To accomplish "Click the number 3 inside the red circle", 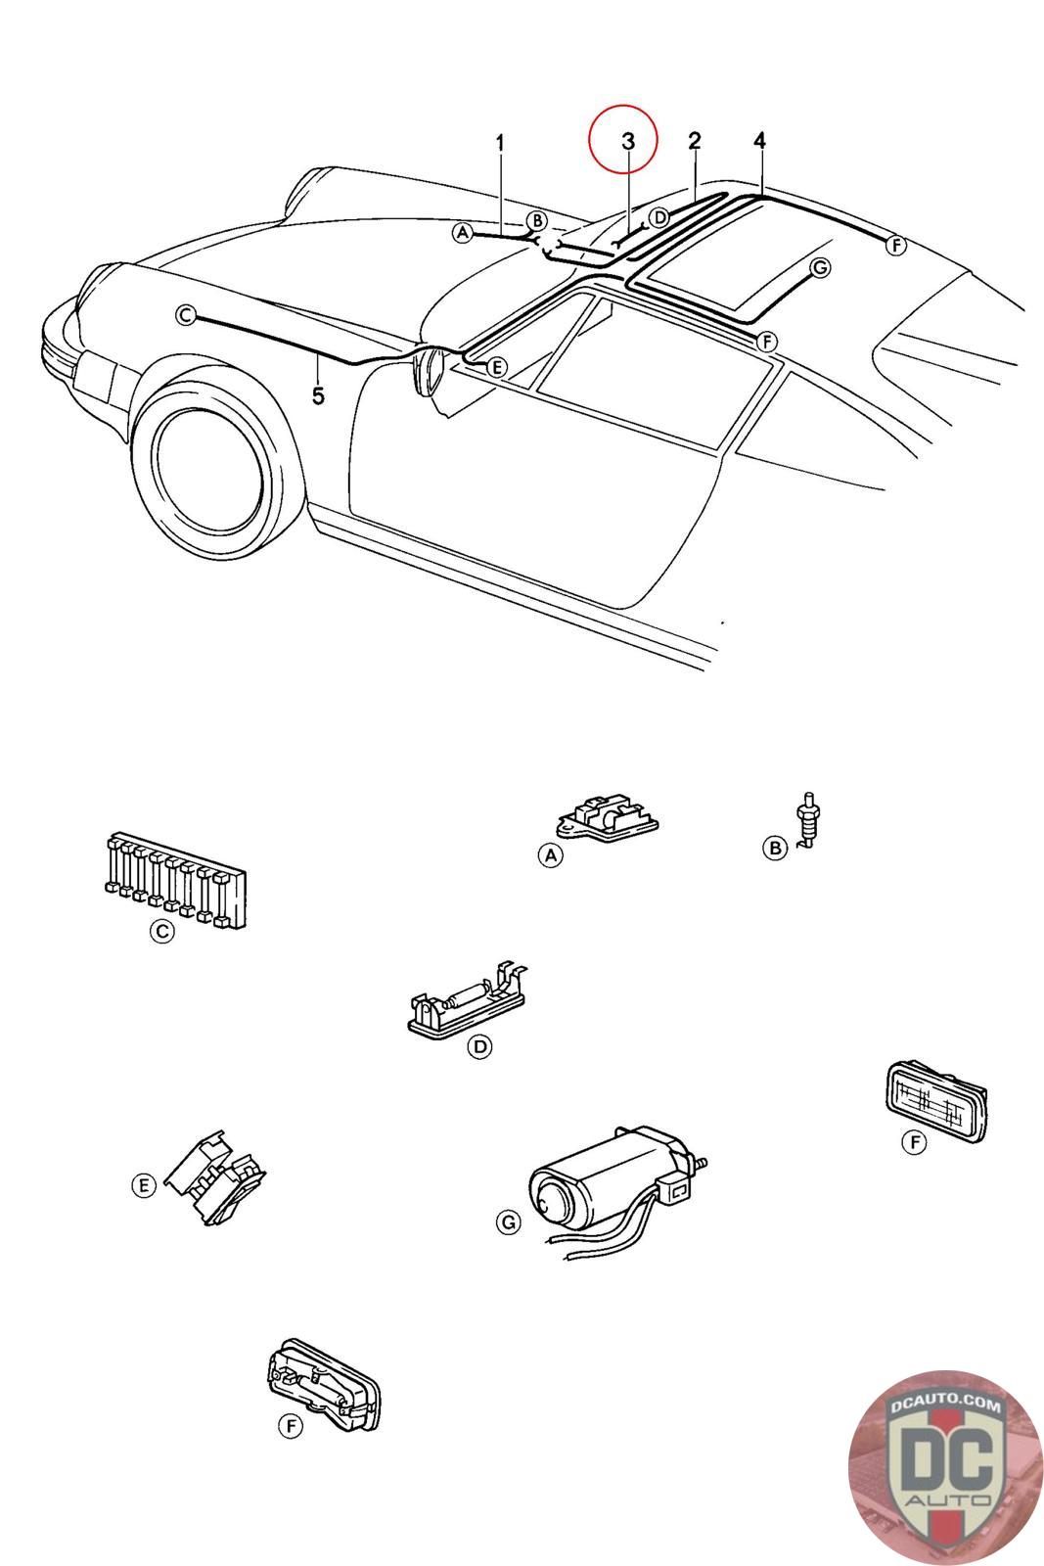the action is tap(628, 141).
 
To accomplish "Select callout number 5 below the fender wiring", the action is tap(318, 395).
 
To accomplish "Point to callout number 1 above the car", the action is tap(500, 143).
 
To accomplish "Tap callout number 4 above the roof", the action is tap(759, 141).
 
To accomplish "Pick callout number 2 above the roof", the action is tap(694, 141).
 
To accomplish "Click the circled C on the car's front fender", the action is tap(185, 315).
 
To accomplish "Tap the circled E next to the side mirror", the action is tap(495, 367).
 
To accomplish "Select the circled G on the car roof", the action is tap(820, 268).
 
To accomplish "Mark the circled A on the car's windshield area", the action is tap(462, 233).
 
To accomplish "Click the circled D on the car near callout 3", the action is tap(659, 217).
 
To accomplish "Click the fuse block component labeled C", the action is tap(175, 880).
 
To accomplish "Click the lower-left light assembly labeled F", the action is tap(324, 1384).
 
